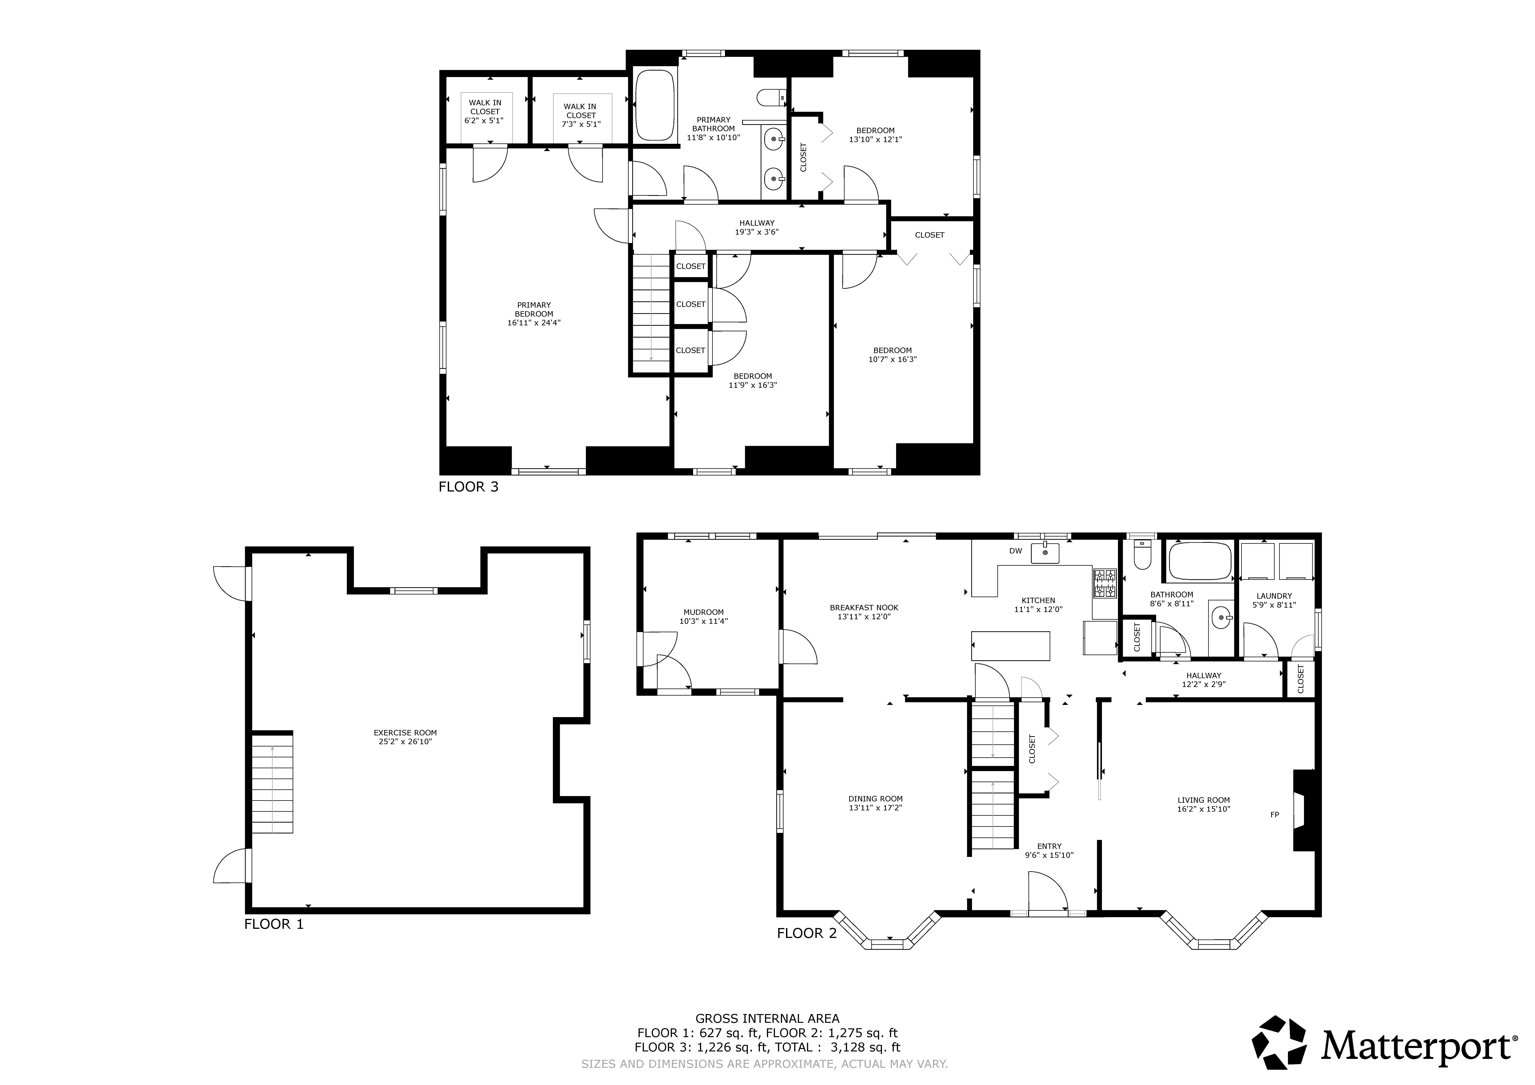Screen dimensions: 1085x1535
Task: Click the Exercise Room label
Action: [405, 737]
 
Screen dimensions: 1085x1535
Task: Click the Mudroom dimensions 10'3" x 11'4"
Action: [703, 621]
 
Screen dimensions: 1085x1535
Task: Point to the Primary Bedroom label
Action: [533, 314]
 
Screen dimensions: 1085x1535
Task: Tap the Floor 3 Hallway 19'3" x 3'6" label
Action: [757, 227]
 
